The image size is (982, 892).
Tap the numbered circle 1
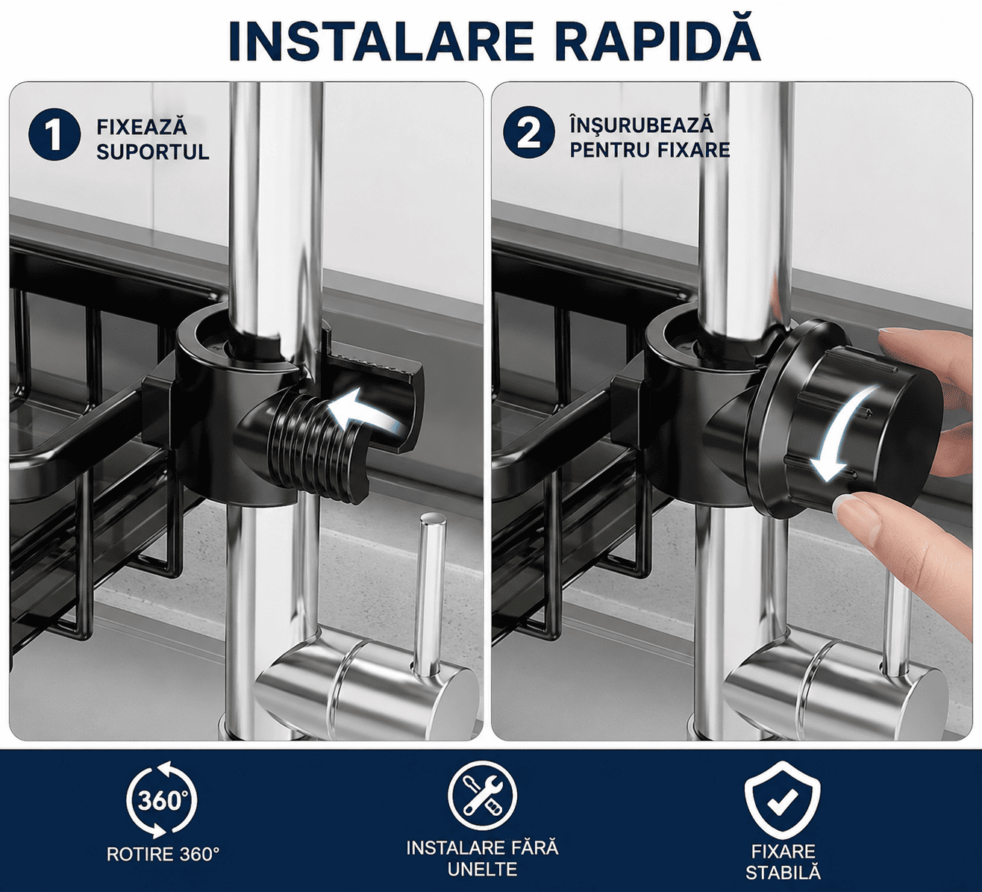click(54, 134)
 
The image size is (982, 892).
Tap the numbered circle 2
click(529, 133)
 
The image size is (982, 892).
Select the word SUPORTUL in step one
click(152, 152)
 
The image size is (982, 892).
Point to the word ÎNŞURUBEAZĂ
click(641, 125)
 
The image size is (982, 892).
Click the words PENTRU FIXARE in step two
click(650, 149)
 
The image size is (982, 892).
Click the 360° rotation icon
click(161, 800)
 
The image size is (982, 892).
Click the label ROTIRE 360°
click(163, 855)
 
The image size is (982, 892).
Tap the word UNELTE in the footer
click(482, 870)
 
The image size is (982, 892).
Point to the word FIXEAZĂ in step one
click(142, 127)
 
